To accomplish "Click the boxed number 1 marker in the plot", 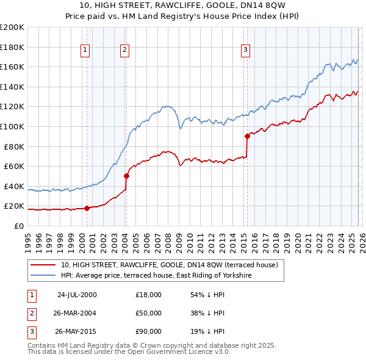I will (85, 50).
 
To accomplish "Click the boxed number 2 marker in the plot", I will (124, 50).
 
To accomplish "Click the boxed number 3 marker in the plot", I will (245, 50).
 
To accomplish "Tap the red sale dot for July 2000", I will (87, 208).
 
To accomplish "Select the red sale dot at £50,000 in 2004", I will (126, 176).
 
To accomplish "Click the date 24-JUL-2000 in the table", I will (77, 295).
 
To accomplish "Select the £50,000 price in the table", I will (149, 313).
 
